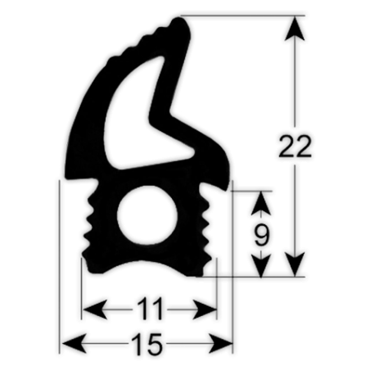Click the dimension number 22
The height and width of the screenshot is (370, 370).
click(295, 146)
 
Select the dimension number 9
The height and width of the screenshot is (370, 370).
click(261, 235)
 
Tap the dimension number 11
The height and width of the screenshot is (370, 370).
click(151, 309)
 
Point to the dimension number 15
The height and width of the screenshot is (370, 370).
click(147, 344)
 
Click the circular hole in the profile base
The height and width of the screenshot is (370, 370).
click(147, 215)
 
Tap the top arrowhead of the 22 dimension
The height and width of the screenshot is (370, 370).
click(295, 29)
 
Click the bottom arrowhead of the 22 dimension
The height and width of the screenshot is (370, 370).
click(295, 264)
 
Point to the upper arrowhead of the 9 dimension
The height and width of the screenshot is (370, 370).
click(261, 203)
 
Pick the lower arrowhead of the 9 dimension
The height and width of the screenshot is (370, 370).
click(261, 266)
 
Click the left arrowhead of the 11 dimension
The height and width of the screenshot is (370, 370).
click(94, 309)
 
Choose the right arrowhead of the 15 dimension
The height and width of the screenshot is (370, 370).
click(221, 344)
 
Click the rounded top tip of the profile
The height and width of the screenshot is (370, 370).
click(180, 23)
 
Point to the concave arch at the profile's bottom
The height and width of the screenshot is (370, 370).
click(147, 265)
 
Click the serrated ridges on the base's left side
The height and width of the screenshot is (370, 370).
click(88, 223)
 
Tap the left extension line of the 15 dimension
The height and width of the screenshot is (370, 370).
click(60, 267)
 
